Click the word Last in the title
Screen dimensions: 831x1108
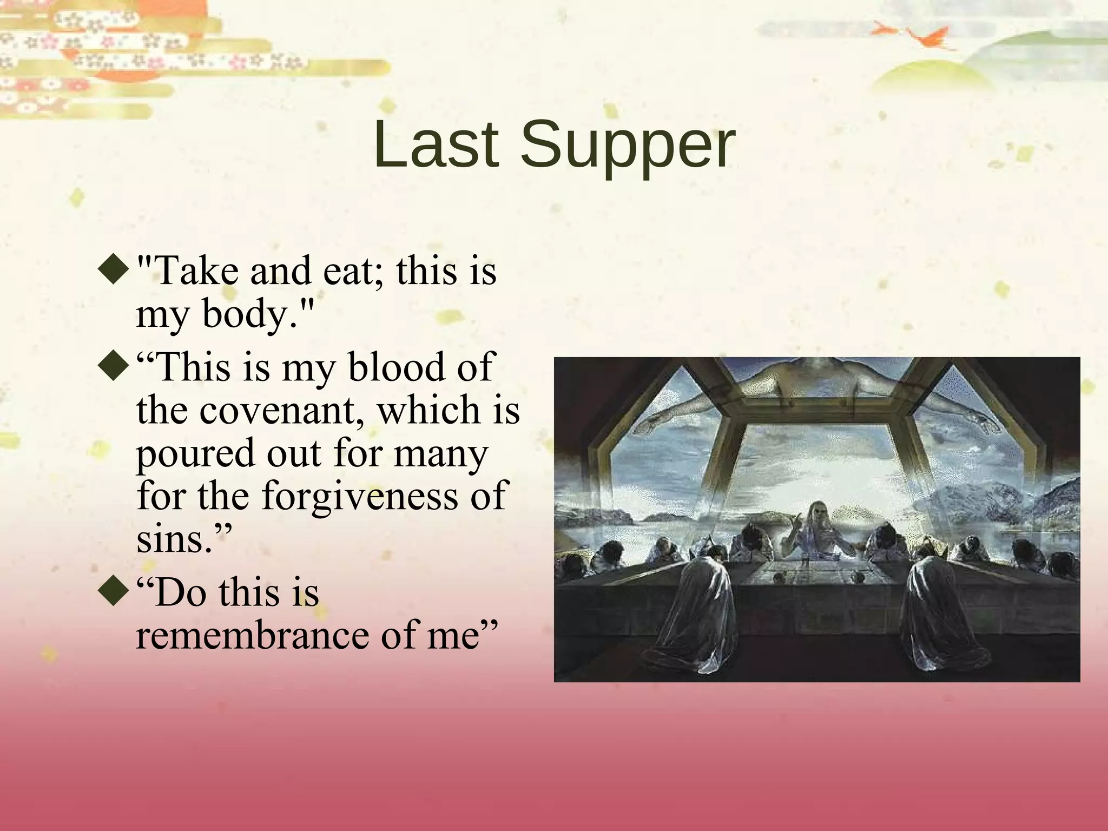point(436,145)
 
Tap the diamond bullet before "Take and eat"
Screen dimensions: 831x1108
point(115,271)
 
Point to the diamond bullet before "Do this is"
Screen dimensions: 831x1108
point(115,593)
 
